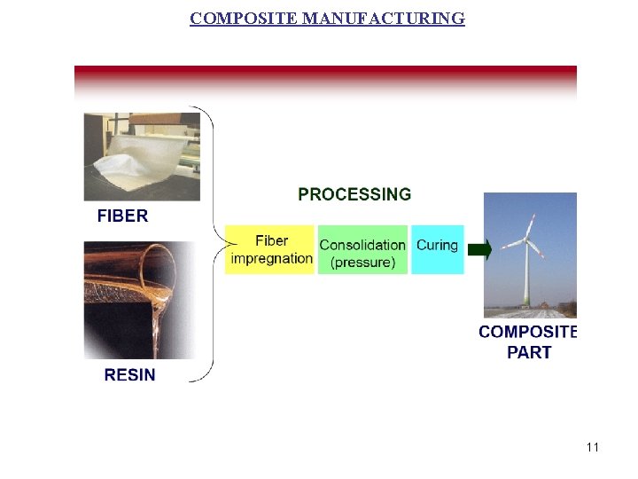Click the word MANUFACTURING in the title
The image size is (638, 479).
pos(383,18)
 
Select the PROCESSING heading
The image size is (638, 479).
pos(354,194)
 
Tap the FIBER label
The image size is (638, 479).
pos(122,216)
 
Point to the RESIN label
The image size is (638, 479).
pos(129,375)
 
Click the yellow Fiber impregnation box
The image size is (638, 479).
pos(270,249)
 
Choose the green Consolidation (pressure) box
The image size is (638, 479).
pos(362,249)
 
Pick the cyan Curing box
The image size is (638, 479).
pos(437,249)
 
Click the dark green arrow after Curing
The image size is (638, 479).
pos(479,249)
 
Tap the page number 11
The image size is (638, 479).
pos(593,447)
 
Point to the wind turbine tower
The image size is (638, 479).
pos(527,279)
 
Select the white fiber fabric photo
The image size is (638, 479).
pos(142,157)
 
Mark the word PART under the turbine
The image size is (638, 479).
pos(529,352)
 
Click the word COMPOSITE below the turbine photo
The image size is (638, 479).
pos(527,332)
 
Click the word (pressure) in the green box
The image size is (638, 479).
pos(362,263)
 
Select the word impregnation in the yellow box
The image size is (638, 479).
pos(271,258)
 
